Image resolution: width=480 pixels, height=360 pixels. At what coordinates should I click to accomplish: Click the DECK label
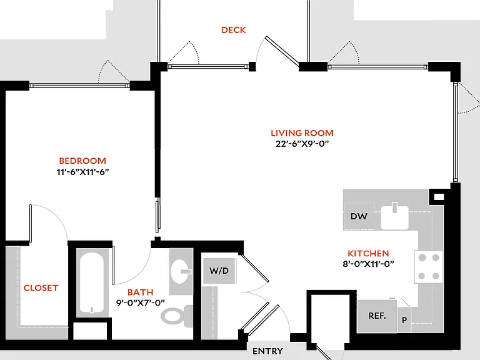(234, 30)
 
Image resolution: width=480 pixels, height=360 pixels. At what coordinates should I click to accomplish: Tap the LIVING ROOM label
(302, 133)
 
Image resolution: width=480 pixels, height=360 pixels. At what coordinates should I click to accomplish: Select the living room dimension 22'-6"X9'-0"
(302, 144)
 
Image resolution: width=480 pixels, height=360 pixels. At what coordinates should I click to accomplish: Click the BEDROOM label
(82, 161)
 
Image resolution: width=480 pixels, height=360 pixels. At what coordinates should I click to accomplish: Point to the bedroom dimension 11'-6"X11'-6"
(82, 172)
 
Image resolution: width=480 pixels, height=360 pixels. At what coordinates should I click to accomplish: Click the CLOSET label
(41, 287)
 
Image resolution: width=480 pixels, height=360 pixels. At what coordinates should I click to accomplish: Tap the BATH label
(141, 292)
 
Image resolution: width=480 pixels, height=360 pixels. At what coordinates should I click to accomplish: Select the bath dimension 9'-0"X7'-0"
(141, 302)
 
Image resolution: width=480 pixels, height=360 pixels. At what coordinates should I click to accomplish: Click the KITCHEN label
(368, 253)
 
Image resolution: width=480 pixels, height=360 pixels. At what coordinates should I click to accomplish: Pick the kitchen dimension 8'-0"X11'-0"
(368, 264)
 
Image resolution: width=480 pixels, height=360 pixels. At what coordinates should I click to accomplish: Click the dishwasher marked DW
(359, 216)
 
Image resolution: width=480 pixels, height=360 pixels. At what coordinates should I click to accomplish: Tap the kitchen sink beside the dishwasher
(394, 217)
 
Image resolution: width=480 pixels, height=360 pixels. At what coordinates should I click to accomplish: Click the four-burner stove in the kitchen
(429, 267)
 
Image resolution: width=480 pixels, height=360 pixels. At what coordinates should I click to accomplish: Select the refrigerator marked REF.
(377, 316)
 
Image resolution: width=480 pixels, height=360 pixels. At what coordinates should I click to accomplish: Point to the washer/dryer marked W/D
(219, 271)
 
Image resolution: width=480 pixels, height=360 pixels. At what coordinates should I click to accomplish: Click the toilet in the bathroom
(177, 315)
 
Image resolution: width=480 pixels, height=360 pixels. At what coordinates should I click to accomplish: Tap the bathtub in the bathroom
(92, 282)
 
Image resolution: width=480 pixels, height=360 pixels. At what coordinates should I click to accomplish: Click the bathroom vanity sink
(181, 271)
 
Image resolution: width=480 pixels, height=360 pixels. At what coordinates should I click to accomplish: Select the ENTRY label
(267, 351)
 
